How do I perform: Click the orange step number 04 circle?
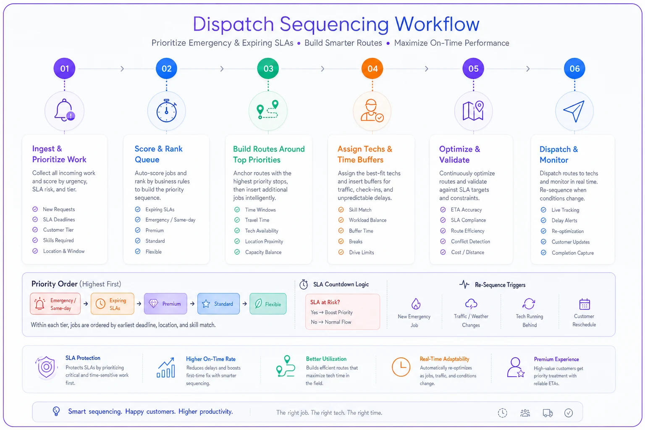pos(372,68)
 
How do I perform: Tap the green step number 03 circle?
pos(268,68)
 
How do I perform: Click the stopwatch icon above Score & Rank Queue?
pos(166,111)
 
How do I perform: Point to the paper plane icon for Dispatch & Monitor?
pos(574,111)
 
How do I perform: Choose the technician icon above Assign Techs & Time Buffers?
pos(372,110)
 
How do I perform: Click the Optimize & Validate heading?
pos(459,155)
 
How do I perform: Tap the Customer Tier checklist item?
pos(58,230)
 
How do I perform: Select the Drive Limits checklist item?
pos(362,252)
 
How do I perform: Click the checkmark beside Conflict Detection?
pos(443,241)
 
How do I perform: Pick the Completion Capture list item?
pos(572,253)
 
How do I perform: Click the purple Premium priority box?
pos(165,304)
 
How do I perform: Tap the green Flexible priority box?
pos(268,304)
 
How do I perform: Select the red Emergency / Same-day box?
pos(55,304)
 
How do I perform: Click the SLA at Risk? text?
pos(325,302)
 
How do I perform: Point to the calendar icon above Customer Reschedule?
pos(584,304)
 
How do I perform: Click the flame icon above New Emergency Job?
pos(415,304)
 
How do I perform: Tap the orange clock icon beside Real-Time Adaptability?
pos(401,367)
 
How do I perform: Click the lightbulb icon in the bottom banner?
pos(56,411)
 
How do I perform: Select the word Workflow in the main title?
pos(437,24)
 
